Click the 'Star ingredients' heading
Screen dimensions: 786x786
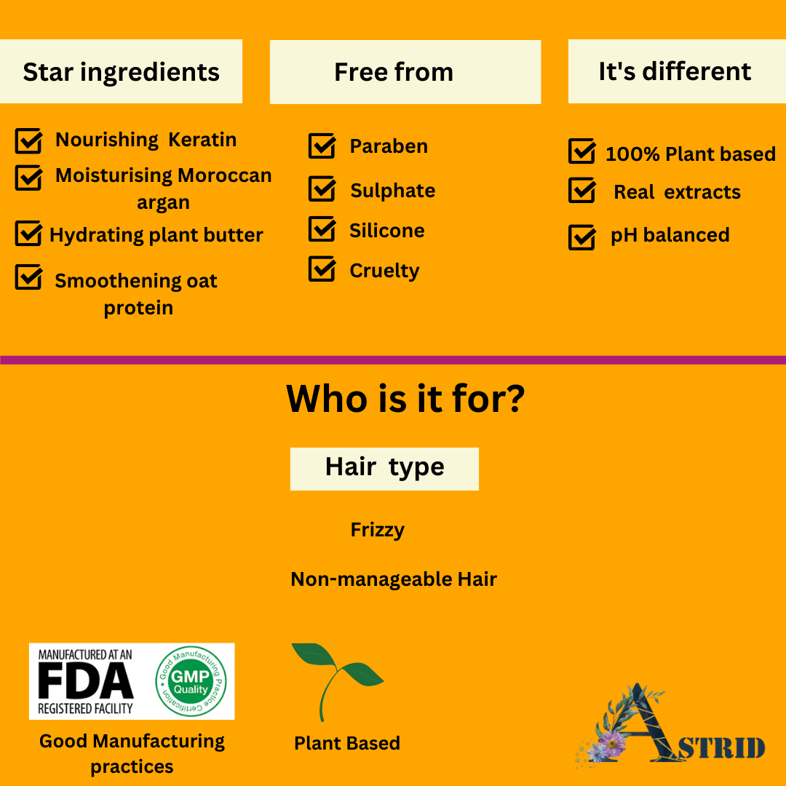pyautogui.click(x=121, y=71)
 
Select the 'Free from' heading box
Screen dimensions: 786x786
pyautogui.click(x=405, y=71)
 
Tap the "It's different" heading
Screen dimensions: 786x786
pyautogui.click(x=675, y=71)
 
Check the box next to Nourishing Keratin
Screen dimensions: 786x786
pyautogui.click(x=28, y=140)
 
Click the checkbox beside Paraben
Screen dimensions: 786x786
pyautogui.click(x=322, y=146)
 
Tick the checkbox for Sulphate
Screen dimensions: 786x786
pyautogui.click(x=322, y=188)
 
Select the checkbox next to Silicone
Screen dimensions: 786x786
pyautogui.click(x=322, y=229)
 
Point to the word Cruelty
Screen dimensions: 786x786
pyautogui.click(x=384, y=271)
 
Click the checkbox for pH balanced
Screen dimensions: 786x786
pyautogui.click(x=582, y=237)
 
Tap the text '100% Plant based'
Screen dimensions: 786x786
pyautogui.click(x=690, y=154)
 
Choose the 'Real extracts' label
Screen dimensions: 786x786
pyautogui.click(x=678, y=192)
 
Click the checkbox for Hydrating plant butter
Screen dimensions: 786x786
pyautogui.click(x=28, y=233)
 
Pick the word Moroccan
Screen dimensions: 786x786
pyautogui.click(x=225, y=175)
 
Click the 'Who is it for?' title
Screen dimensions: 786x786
pyautogui.click(x=405, y=399)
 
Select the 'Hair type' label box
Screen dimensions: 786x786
pyautogui.click(x=384, y=469)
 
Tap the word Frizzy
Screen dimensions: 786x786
pyautogui.click(x=378, y=531)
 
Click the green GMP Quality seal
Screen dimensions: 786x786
pyautogui.click(x=191, y=681)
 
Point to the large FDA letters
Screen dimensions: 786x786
pyautogui.click(x=86, y=680)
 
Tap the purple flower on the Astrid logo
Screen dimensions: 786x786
pyautogui.click(x=613, y=740)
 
